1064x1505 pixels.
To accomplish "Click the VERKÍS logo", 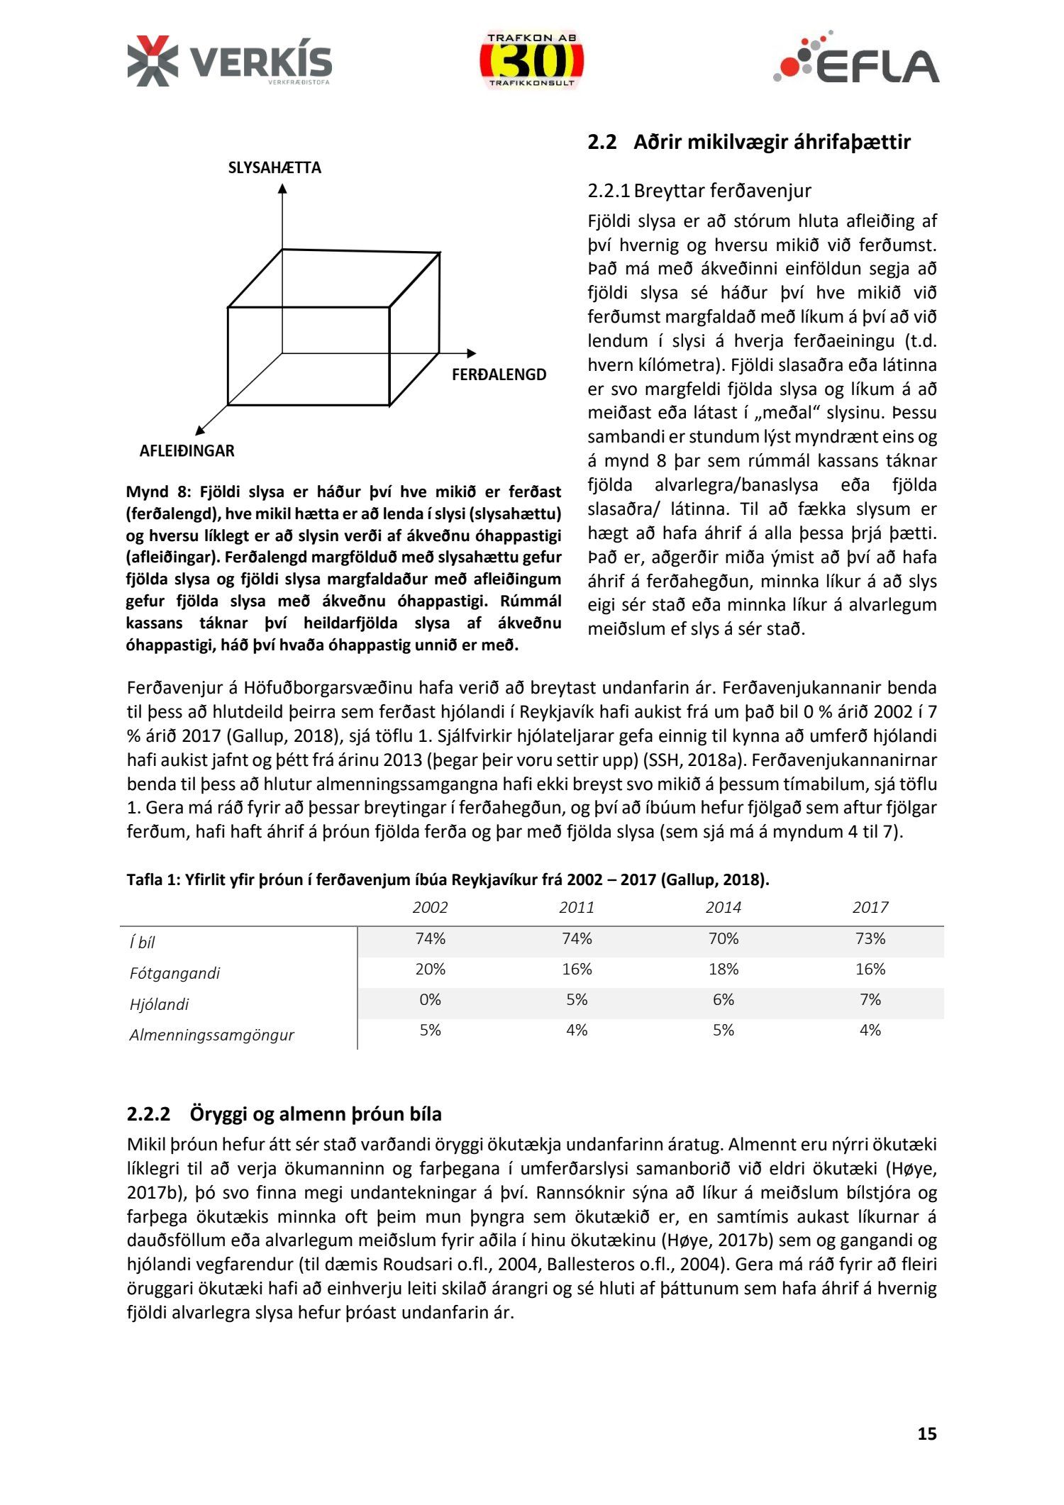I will (229, 62).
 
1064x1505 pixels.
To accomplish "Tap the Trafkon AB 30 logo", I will (531, 61).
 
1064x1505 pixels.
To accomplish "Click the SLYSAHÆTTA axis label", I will (275, 168).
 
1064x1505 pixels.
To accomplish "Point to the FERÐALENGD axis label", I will (499, 375).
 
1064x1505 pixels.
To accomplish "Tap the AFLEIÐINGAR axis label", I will (187, 451).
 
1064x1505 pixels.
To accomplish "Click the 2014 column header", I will (723, 907).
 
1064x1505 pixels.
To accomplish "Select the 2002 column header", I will (430, 907).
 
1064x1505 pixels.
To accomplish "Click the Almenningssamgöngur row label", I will (211, 1035).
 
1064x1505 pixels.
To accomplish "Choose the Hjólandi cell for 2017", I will (870, 1000).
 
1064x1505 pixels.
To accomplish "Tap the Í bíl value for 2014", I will (723, 939).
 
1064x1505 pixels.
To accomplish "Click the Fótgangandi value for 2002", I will (430, 970).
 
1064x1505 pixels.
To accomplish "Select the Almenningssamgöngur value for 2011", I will (577, 1031).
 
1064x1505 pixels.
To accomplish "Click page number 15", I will (926, 1434).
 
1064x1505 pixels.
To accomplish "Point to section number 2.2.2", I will (149, 1114).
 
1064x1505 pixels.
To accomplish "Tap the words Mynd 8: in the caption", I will (158, 492).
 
